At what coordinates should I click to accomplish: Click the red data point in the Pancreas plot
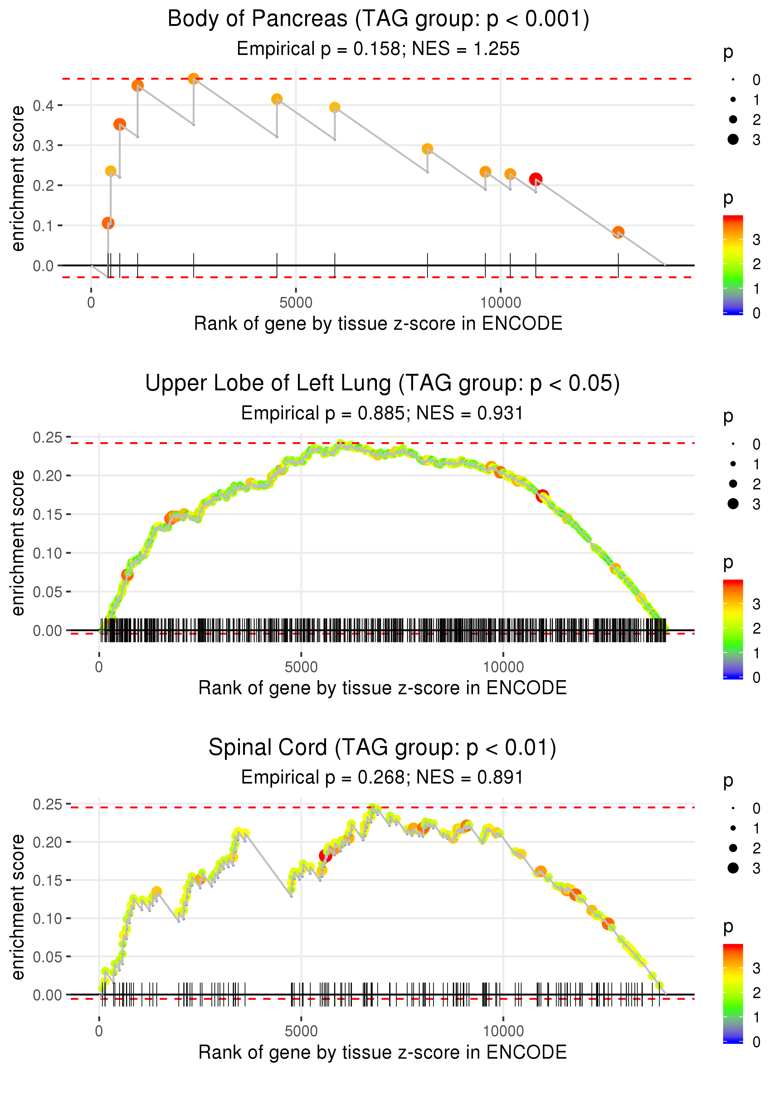pyautogui.click(x=535, y=179)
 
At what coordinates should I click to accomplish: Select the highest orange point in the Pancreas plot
pyautogui.click(x=193, y=79)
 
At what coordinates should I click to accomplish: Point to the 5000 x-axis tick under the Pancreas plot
pyautogui.click(x=296, y=302)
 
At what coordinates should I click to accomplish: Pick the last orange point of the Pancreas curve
pyautogui.click(x=618, y=232)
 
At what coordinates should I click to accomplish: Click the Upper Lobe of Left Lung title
pyautogui.click(x=382, y=383)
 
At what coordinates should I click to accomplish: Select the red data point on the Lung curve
pyautogui.click(x=542, y=496)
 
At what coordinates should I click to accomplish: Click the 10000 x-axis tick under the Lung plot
pyautogui.click(x=503, y=667)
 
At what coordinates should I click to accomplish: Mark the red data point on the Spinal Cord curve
pyautogui.click(x=325, y=856)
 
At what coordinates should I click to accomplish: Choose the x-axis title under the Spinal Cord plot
pyautogui.click(x=382, y=1052)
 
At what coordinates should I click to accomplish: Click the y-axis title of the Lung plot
pyautogui.click(x=18, y=543)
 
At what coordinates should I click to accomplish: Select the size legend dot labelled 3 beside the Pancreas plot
pyautogui.click(x=733, y=139)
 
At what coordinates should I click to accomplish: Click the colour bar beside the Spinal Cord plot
pyautogui.click(x=733, y=992)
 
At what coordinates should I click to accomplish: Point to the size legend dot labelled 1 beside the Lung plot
pyautogui.click(x=733, y=464)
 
